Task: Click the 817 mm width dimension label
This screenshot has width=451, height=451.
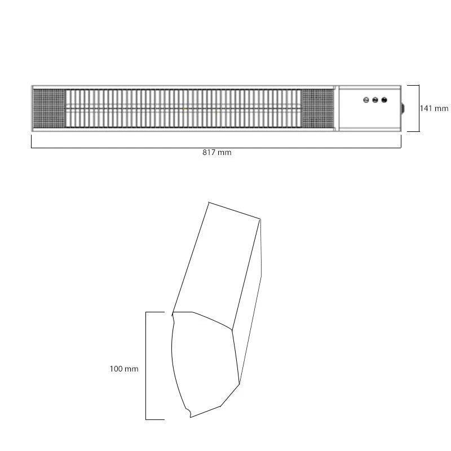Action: point(216,152)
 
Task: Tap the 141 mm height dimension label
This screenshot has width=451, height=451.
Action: point(434,108)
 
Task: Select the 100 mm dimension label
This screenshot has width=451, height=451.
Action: point(124,369)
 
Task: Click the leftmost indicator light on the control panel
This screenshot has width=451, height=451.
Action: point(366,100)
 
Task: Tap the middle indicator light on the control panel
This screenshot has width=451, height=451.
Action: point(375,100)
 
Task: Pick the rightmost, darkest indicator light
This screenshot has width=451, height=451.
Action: point(384,100)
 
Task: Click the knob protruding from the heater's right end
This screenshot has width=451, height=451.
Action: point(403,109)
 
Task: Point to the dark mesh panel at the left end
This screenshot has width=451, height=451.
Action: point(49,108)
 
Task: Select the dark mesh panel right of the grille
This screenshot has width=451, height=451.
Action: point(317,108)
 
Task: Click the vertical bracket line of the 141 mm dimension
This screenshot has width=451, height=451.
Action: point(419,108)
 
